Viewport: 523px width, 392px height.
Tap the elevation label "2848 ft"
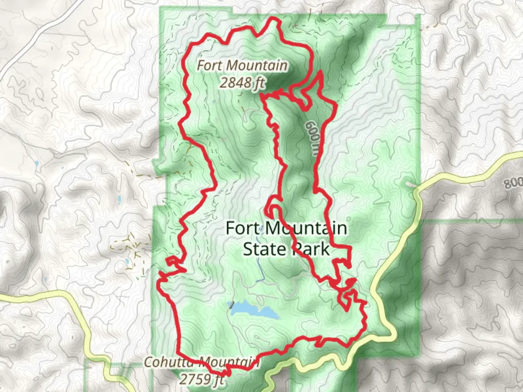(x=242, y=83)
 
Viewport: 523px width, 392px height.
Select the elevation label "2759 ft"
(x=202, y=379)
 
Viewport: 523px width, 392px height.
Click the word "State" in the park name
(x=264, y=249)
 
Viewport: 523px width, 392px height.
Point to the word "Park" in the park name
(x=311, y=249)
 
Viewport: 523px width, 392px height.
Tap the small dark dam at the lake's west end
(x=230, y=306)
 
